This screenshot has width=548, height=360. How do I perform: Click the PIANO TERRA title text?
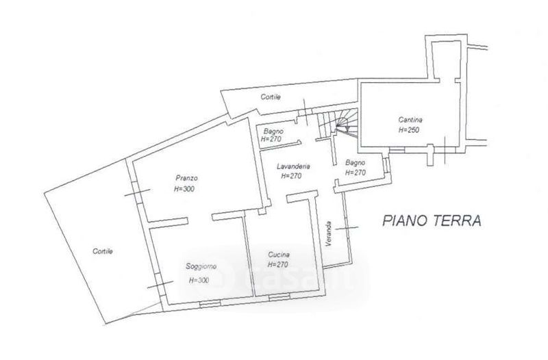(x=432, y=220)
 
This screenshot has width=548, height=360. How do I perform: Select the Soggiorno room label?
(x=201, y=266)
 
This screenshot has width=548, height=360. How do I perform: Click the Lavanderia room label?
(x=295, y=166)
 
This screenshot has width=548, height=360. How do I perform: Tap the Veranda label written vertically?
(x=329, y=235)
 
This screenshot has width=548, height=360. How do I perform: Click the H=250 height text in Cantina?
(x=409, y=130)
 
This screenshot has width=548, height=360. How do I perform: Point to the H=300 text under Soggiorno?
(x=199, y=280)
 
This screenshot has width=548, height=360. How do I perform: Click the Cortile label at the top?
(x=271, y=97)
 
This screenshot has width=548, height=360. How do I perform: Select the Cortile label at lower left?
(x=103, y=251)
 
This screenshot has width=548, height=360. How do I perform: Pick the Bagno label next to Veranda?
(x=356, y=163)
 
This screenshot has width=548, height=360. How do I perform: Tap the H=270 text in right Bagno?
(x=356, y=173)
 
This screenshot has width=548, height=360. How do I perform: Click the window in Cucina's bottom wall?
(x=279, y=298)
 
